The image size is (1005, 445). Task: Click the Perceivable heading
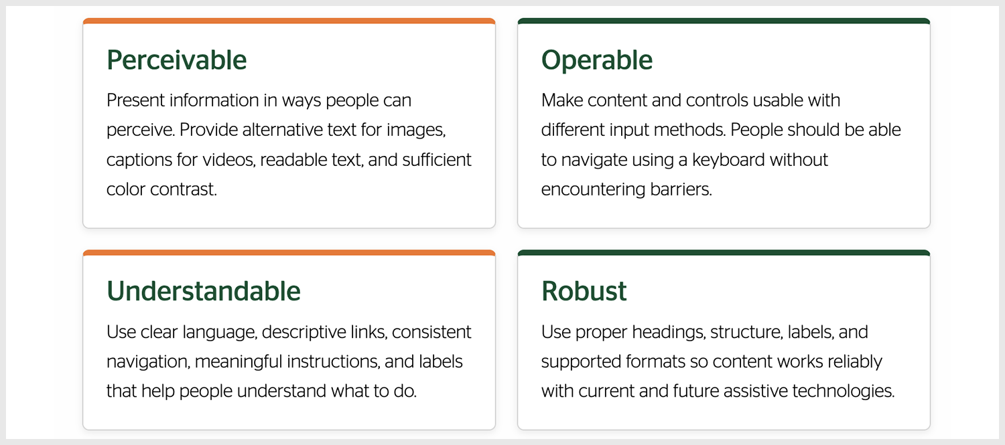tap(176, 60)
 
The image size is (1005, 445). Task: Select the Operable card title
tap(597, 60)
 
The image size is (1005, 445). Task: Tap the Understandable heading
tap(203, 291)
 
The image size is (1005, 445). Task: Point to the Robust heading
tap(584, 291)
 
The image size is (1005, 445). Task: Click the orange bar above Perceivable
tap(289, 21)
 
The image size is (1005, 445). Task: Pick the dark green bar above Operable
tap(724, 21)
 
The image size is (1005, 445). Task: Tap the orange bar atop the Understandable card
tap(289, 252)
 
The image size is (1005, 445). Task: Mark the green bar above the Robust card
tap(724, 252)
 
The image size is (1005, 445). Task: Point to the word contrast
tap(184, 189)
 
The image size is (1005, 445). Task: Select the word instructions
tap(334, 361)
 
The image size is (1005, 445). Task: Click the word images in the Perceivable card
tap(416, 130)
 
